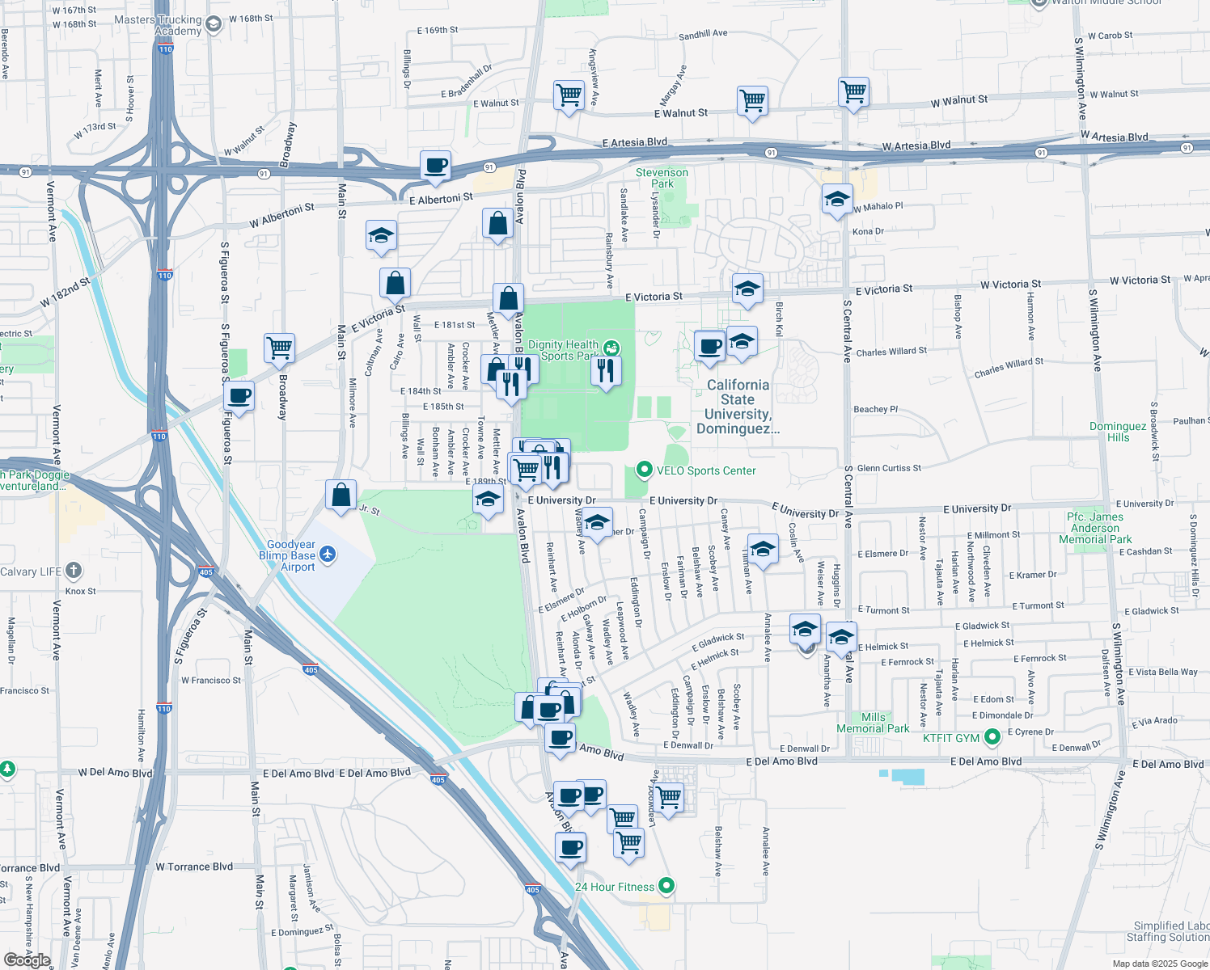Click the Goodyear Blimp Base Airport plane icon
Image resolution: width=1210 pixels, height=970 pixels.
click(x=327, y=555)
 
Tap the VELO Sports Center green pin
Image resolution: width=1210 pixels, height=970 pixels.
click(x=644, y=470)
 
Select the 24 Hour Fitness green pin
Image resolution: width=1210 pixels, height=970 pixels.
click(x=666, y=886)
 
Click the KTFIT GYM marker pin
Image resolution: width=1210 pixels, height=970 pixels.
click(x=992, y=737)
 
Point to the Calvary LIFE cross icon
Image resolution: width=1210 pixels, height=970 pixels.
click(x=74, y=571)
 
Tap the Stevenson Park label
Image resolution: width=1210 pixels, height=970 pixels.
click(x=662, y=178)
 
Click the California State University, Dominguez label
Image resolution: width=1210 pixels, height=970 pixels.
click(x=738, y=407)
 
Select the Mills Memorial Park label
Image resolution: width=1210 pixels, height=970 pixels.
click(x=873, y=723)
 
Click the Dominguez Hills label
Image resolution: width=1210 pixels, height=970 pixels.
click(x=1118, y=432)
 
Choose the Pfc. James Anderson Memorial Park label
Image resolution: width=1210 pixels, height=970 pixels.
click(x=1095, y=528)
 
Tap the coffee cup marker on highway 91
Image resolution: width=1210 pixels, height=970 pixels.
click(x=436, y=166)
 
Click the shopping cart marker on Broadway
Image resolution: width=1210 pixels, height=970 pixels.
click(x=279, y=348)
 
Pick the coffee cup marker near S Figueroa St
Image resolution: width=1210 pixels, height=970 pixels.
click(x=239, y=396)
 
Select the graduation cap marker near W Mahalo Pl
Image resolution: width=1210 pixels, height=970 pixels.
click(x=836, y=199)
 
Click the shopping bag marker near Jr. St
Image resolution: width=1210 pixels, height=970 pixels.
click(x=341, y=494)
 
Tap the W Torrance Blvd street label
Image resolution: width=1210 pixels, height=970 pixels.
click(x=194, y=867)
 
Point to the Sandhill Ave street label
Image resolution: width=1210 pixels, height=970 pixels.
click(x=703, y=34)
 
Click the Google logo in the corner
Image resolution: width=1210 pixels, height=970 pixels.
click(x=27, y=959)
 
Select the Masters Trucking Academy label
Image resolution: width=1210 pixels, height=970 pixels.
click(x=158, y=25)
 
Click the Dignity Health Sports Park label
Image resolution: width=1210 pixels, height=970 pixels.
click(x=563, y=350)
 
